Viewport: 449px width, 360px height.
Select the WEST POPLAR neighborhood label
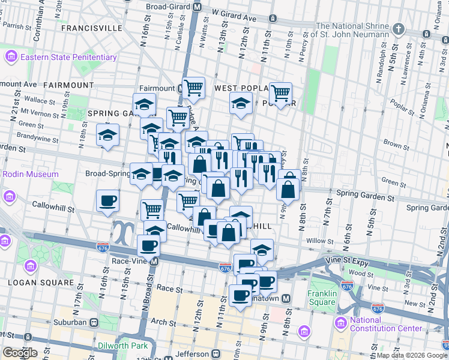[x=240, y=88]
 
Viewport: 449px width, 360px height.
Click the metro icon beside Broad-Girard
[x=197, y=7]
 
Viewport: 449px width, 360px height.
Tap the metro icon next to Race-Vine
[x=154, y=262]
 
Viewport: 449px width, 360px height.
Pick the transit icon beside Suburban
[x=94, y=322]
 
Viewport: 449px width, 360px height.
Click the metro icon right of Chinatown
[x=287, y=298]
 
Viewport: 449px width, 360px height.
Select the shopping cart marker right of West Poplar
[x=280, y=93]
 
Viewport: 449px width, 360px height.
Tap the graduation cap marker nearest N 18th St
[x=107, y=134]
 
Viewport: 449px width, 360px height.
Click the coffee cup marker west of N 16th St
[x=107, y=200]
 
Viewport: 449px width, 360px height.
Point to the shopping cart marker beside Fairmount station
[x=193, y=88]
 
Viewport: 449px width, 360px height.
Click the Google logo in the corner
[x=19, y=353]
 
